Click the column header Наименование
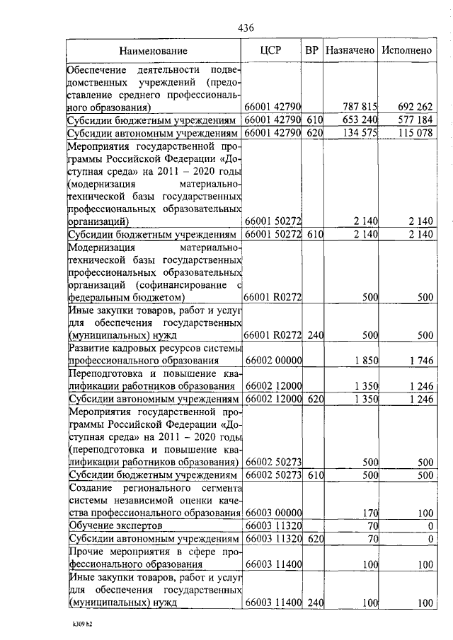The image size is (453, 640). point(154,51)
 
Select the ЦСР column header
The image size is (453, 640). point(273,50)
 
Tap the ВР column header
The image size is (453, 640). point(311,50)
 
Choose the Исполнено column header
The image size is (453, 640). point(406,51)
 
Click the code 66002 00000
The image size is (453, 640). point(273,361)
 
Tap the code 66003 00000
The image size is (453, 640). point(273,513)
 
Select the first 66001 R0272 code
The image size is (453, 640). point(273,298)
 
